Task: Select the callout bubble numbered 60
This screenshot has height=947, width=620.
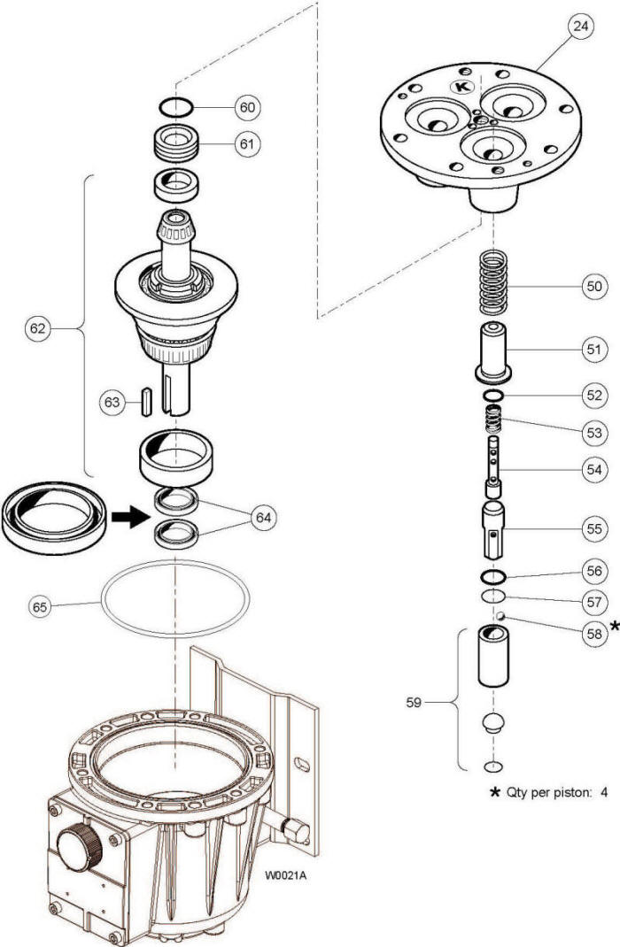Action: (248, 107)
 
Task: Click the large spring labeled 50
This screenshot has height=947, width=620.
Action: (494, 282)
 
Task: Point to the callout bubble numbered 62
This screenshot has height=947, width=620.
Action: (37, 328)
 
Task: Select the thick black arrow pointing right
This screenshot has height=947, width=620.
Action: (129, 516)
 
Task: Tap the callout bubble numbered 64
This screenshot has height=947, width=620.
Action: (263, 518)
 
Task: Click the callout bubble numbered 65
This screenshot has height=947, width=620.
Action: (40, 606)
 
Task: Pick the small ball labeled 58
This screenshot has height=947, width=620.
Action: (500, 616)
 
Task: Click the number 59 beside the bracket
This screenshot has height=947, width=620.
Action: (414, 703)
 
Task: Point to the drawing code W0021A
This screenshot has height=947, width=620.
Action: (284, 875)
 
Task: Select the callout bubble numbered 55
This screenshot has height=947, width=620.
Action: (594, 529)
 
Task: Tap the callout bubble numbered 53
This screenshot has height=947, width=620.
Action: (594, 433)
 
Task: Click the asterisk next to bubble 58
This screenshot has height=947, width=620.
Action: (614, 626)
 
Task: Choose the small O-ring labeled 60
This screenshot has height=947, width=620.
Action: (176, 107)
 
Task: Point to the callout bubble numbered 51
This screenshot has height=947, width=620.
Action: (594, 349)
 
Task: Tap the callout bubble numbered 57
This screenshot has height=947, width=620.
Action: (594, 602)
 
